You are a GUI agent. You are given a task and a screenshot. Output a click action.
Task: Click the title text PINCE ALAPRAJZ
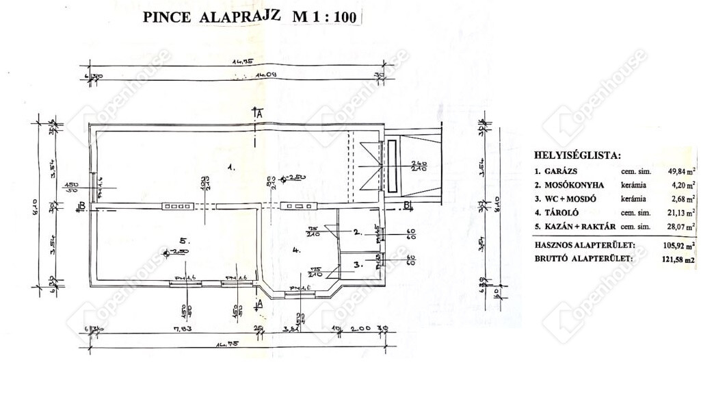point(213,18)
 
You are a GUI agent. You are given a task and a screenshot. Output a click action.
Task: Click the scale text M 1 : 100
point(325,18)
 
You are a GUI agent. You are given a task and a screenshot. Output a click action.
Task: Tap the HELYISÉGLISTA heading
point(578,156)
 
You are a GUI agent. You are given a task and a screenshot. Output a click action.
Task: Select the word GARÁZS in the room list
point(565,172)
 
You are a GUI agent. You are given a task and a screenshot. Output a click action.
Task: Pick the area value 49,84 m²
point(682,172)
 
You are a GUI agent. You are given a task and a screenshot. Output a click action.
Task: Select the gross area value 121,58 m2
point(679,258)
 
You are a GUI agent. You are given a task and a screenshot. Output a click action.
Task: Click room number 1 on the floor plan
point(231,166)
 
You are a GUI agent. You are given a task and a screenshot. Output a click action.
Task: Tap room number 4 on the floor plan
point(296,251)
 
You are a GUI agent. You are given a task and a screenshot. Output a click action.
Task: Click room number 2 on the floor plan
point(357,232)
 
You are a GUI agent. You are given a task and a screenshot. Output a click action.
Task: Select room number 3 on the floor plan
point(357,263)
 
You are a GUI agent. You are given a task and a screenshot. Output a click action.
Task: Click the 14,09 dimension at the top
point(265,75)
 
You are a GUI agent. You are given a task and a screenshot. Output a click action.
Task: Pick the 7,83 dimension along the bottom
point(181,329)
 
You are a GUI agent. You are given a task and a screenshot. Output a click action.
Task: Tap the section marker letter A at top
point(259,115)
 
